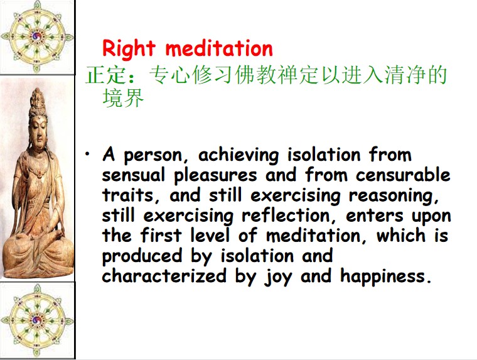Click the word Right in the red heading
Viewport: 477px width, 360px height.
click(x=129, y=49)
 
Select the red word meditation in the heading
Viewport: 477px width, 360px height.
click(x=219, y=48)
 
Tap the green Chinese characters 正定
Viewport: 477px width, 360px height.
click(x=105, y=75)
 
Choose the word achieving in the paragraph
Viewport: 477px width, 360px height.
click(x=238, y=155)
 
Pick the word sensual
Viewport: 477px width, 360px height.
click(x=134, y=175)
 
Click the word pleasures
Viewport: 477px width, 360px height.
click(x=215, y=176)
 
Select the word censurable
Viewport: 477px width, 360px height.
click(x=403, y=175)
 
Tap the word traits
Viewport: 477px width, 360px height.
click(x=128, y=195)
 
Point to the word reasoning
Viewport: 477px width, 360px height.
click(x=394, y=196)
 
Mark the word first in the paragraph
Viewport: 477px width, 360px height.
click(x=161, y=236)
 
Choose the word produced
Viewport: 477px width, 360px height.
click(x=142, y=256)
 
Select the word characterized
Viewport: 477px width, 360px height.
click(x=164, y=276)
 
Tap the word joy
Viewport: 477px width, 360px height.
click(x=278, y=277)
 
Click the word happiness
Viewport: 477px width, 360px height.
click(x=386, y=276)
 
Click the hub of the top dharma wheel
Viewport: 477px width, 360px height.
click(x=37, y=36)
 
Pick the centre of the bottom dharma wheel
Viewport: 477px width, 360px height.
click(x=37, y=320)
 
